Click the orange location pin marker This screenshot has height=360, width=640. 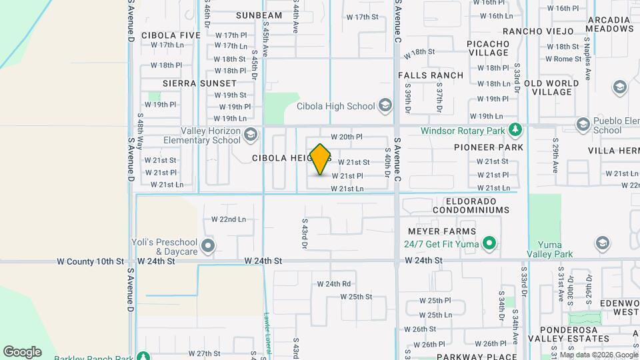point(321,160)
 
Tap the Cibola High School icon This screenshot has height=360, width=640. point(385,105)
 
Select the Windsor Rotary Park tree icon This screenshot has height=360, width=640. point(514,129)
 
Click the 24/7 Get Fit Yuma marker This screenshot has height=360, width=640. point(489,243)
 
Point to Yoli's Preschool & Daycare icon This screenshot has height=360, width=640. point(208,247)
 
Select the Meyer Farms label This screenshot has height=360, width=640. point(443,231)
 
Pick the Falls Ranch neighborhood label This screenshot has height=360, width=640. point(431,75)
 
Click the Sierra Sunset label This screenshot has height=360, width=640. point(200,83)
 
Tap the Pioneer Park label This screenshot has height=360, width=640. point(489,147)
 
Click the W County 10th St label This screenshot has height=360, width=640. point(91,261)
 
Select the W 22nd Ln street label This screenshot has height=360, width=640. point(229,219)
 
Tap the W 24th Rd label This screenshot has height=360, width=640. point(334,284)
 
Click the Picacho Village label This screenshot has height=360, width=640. point(489,48)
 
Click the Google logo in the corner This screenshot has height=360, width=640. point(22,351)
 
